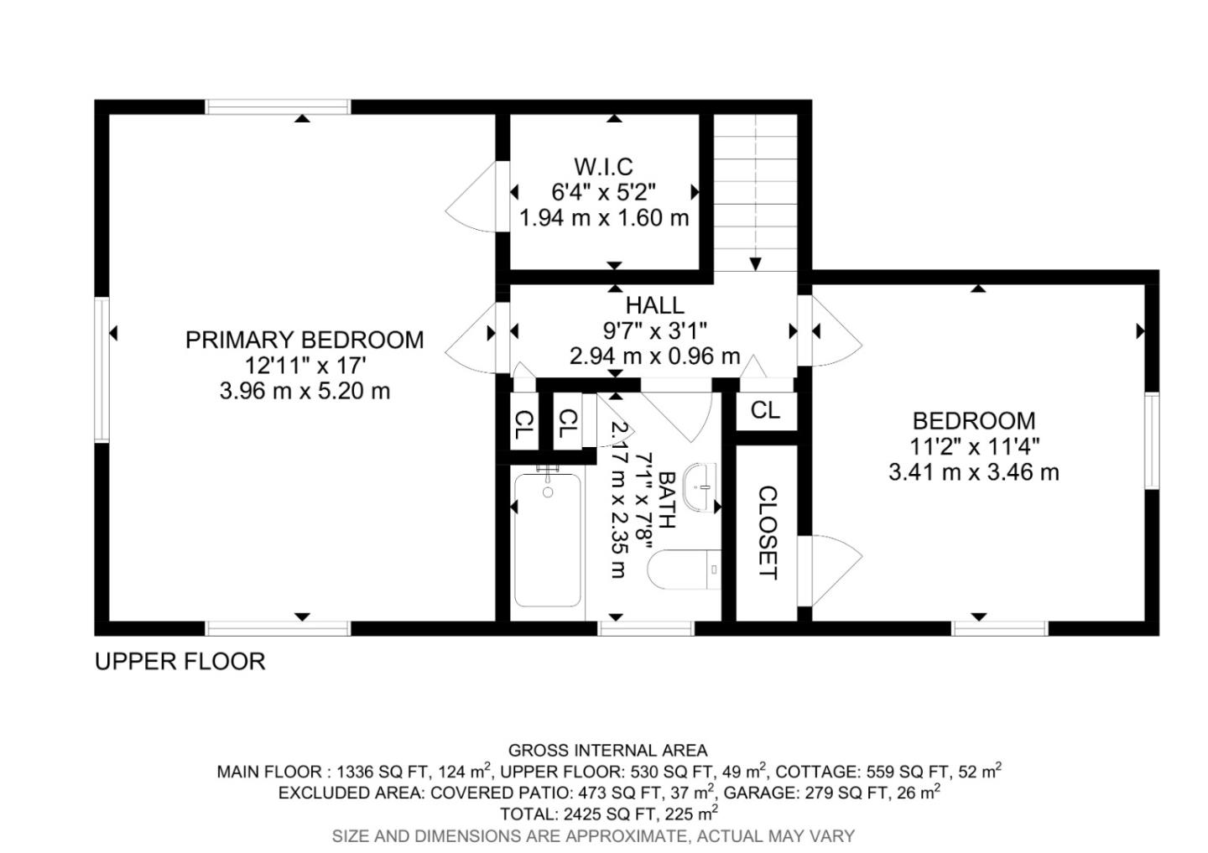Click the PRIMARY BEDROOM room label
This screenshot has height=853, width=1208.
point(304,340)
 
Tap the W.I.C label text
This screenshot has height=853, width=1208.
point(603,166)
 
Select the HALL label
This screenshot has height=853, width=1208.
point(654,305)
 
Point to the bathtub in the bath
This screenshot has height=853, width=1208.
point(547,540)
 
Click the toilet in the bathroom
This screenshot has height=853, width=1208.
point(685,570)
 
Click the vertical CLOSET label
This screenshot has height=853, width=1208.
point(767,533)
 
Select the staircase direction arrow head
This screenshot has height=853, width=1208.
point(755,263)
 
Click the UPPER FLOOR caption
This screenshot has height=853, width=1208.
point(180,662)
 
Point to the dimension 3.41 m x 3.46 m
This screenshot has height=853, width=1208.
point(973,472)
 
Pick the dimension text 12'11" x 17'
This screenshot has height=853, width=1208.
point(304,366)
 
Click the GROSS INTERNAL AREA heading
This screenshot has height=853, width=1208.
point(607,751)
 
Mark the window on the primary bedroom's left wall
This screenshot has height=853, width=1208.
point(102,370)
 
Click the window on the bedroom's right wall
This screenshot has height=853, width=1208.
point(1152,440)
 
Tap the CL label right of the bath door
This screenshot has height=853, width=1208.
point(765,410)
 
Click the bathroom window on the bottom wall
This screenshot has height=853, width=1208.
point(646,628)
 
